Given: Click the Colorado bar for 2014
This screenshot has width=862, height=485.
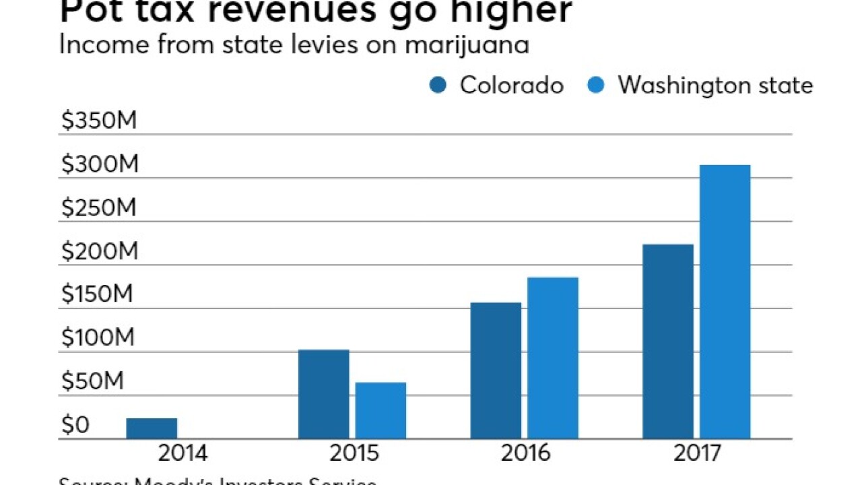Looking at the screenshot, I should click(152, 428).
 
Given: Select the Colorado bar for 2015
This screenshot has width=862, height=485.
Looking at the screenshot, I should click(323, 394).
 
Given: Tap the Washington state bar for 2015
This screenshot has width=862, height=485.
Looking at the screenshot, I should click(380, 410).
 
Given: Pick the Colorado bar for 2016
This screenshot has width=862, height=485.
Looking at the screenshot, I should click(496, 370).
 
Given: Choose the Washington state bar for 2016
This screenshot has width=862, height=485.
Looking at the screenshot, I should click(552, 358).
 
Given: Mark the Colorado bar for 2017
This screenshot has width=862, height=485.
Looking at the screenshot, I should click(667, 342).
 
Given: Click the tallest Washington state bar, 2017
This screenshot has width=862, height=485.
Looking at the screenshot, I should click(725, 302).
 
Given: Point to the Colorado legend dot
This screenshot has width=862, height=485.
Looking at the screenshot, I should click(438, 86).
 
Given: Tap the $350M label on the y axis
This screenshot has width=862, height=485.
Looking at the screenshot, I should click(99, 121).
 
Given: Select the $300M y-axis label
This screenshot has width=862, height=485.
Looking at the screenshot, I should click(99, 165).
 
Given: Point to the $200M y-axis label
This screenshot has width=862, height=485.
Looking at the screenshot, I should click(99, 252).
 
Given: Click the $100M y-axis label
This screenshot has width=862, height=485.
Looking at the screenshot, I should click(99, 339).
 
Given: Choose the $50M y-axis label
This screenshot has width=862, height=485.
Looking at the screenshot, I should click(93, 382).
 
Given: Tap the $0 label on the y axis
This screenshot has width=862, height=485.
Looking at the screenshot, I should click(75, 426).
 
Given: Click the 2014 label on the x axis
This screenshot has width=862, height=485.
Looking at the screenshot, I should click(182, 453).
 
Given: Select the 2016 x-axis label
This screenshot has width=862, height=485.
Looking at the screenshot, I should click(525, 453).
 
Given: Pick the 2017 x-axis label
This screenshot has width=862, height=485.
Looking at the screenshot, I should click(696, 453).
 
